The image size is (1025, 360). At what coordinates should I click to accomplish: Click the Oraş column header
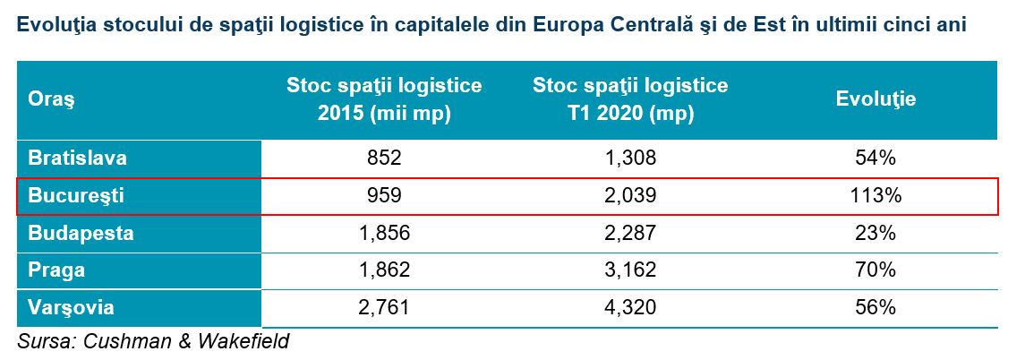[51, 100]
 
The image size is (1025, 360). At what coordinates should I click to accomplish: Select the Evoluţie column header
[876, 99]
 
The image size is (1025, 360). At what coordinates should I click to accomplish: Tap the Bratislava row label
[77, 158]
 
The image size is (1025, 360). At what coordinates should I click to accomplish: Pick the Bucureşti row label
[76, 195]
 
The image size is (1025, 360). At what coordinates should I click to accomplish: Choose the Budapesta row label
[81, 233]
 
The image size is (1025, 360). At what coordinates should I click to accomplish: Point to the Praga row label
[56, 270]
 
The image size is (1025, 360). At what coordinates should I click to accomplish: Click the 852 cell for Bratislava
[384, 158]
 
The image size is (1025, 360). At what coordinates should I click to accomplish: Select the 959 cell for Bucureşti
[384, 195]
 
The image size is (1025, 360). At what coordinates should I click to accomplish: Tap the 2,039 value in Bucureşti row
[629, 195]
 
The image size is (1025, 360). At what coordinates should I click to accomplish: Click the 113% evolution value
[876, 195]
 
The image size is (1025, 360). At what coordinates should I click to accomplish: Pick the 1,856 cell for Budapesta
[384, 233]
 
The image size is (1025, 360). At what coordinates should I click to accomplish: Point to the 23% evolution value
[876, 233]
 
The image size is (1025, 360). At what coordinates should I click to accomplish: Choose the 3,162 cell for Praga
[629, 270]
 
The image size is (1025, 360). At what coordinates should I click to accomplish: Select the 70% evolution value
[876, 270]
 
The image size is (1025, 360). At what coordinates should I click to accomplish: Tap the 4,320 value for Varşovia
[629, 308]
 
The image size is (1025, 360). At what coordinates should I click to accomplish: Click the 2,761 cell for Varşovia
[384, 308]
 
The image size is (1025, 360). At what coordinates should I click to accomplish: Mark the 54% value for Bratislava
[876, 158]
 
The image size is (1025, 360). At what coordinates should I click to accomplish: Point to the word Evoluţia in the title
[56, 25]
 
